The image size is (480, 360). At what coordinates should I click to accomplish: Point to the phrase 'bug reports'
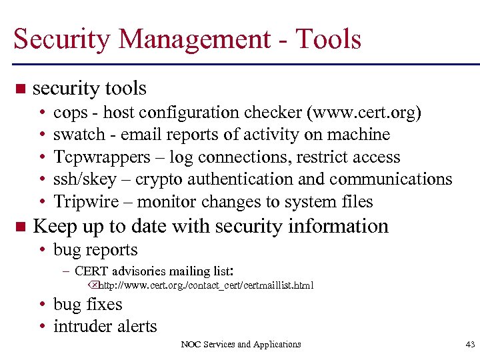pos(95,251)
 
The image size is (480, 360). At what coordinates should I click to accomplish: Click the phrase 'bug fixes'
pos(87,305)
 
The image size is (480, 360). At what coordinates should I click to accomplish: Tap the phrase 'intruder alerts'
pos(105,327)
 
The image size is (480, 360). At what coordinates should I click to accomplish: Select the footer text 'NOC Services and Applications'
pos(241,345)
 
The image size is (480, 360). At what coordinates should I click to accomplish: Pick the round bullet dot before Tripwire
pos(42,202)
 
